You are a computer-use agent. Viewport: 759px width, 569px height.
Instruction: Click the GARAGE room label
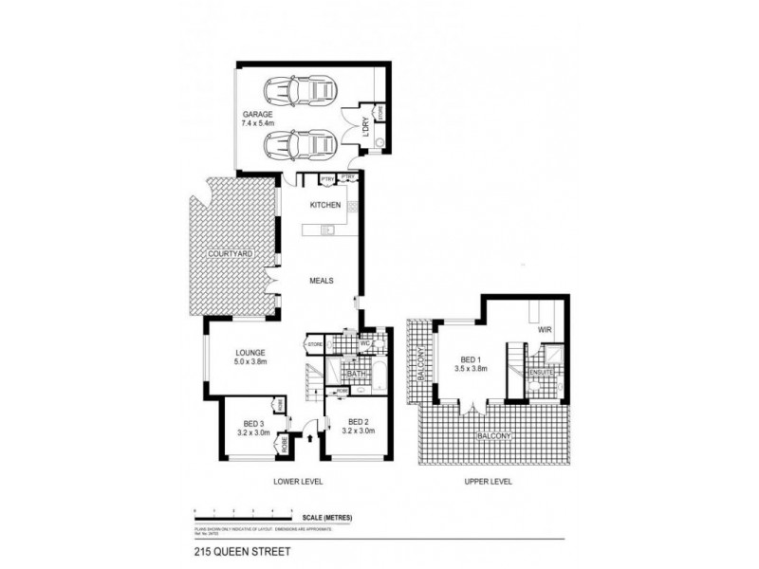[257, 114]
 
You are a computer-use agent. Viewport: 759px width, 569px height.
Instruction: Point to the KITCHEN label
[325, 205]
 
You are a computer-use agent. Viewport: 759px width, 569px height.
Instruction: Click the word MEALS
[320, 281]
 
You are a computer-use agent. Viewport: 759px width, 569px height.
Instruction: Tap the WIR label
[545, 330]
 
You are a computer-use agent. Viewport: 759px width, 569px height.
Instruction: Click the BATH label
[357, 375]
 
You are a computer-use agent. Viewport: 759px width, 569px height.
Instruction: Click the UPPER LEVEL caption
[489, 482]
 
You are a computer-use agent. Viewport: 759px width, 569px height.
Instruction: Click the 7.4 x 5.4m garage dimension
[257, 123]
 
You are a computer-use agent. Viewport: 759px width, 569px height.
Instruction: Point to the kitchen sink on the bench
[328, 229]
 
